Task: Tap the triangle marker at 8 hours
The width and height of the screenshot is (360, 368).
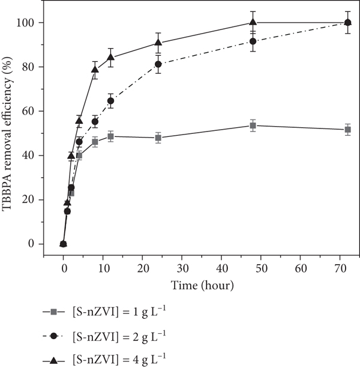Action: point(95,69)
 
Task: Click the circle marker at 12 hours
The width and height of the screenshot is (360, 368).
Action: point(110,101)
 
